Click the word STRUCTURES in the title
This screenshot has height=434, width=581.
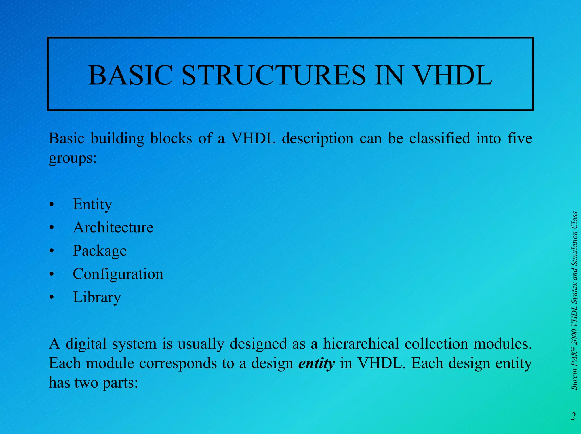(273, 75)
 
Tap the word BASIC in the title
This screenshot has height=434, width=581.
(130, 75)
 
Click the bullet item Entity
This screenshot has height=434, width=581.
(92, 204)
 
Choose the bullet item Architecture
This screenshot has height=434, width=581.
(113, 227)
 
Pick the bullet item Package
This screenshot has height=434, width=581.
(100, 251)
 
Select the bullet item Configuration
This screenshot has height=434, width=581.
(118, 274)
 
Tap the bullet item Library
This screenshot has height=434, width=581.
(97, 297)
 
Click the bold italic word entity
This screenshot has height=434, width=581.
(316, 363)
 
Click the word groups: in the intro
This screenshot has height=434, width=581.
(73, 158)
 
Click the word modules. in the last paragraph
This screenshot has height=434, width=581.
(502, 344)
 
